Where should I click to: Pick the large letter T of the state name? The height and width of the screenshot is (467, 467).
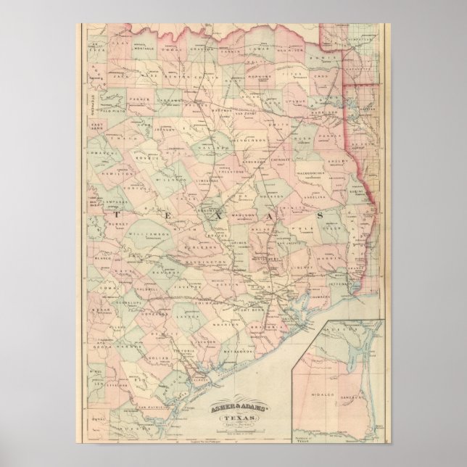(116, 216)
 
